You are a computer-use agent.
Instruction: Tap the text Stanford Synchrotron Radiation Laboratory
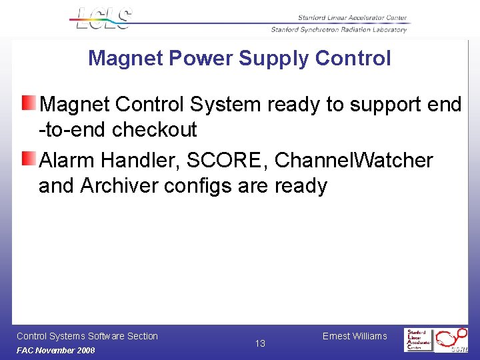coord(339,30)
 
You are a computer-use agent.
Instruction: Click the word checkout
coord(155,129)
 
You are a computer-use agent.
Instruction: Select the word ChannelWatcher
coord(353,161)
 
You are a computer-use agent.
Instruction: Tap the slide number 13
coord(260,343)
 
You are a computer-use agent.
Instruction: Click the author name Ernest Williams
coord(355,336)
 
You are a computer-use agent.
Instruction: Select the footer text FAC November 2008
coord(56,351)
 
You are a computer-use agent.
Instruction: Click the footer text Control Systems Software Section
coord(87,336)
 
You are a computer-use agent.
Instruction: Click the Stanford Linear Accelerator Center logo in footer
coord(419,340)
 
